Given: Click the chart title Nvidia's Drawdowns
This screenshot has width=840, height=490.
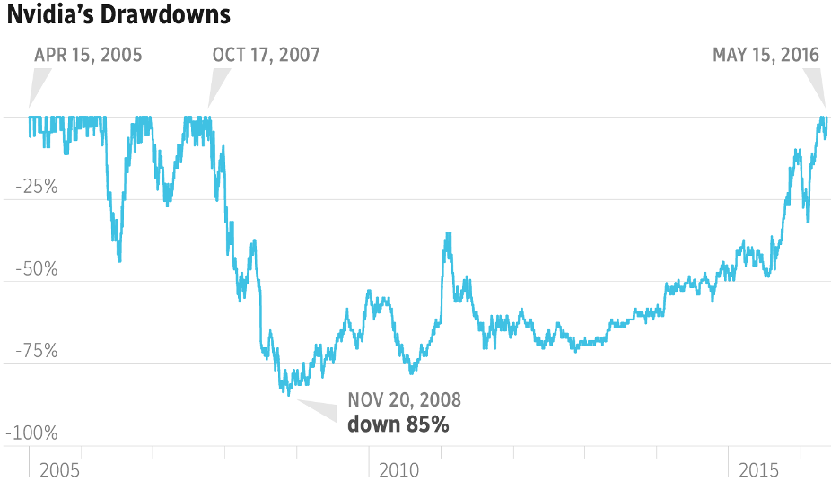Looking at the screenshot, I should click(119, 15).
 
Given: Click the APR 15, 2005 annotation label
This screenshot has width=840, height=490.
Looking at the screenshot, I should click(88, 55).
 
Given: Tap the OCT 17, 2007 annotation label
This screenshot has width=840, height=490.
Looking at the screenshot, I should click(266, 55).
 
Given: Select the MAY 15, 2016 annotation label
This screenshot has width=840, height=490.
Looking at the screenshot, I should click(766, 55).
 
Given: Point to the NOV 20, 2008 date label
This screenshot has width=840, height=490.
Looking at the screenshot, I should click(404, 400).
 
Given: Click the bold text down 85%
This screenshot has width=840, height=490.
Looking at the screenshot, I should click(398, 424).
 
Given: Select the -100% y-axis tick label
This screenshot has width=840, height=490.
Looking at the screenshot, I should click(31, 433).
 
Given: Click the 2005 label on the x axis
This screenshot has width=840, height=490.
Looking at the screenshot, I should click(60, 470).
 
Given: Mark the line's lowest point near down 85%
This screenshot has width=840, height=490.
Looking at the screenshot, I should click(288, 394).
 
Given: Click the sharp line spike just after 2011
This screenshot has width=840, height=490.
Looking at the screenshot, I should click(447, 235).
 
